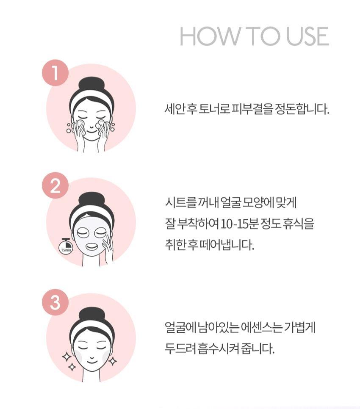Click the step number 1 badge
(55, 73)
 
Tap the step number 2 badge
(55, 187)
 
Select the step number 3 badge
(55, 302)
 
